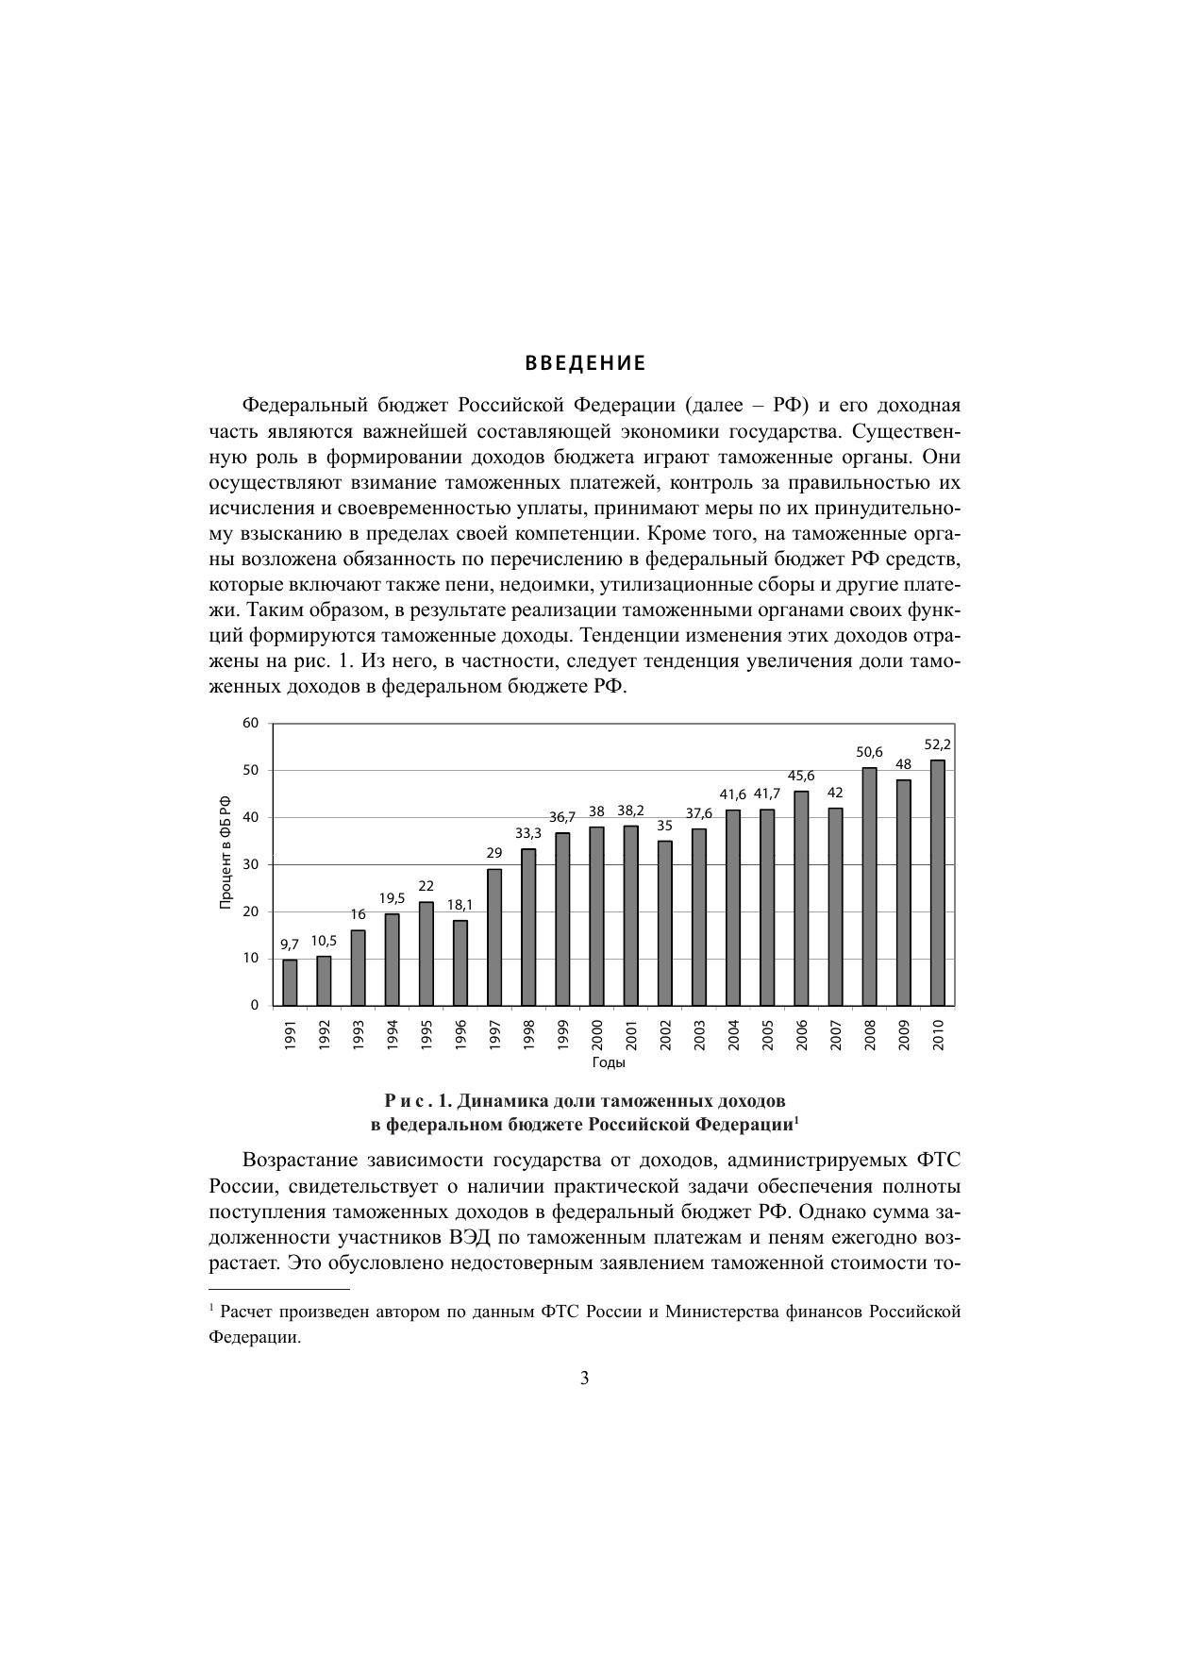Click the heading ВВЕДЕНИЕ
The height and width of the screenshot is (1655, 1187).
[585, 363]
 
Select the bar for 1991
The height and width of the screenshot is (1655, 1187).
[290, 982]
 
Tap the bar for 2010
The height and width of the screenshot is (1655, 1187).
[938, 882]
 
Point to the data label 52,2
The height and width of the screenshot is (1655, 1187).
[938, 744]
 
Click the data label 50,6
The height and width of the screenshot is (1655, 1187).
[869, 752]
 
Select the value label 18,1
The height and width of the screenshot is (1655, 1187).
[460, 905]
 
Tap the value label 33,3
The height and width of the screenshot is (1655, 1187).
[528, 833]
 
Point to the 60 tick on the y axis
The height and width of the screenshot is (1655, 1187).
[250, 723]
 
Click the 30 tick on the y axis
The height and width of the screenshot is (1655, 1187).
[250, 864]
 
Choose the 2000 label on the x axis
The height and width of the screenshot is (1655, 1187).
[597, 1035]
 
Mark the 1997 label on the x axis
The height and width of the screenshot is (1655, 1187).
[494, 1035]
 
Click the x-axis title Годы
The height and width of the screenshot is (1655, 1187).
[609, 1062]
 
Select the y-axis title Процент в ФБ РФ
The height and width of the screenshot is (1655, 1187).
[226, 853]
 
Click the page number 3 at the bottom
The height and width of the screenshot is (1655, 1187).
[585, 1379]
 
